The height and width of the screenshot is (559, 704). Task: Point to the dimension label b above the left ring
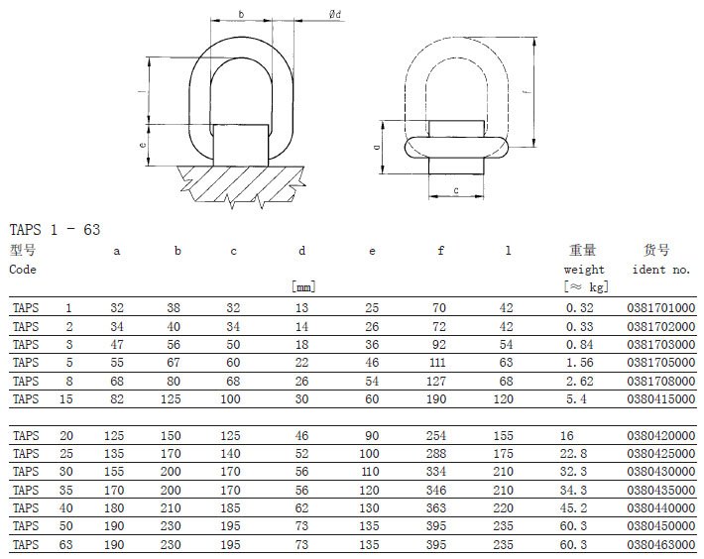point(241,15)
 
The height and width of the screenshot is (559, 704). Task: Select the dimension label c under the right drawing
point(455,190)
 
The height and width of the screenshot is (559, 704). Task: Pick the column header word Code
point(23,269)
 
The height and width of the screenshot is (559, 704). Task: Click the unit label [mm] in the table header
point(302,286)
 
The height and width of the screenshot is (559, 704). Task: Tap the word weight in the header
point(584,269)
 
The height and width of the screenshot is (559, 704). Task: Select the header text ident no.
point(660,269)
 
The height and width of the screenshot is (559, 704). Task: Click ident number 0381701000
point(661,308)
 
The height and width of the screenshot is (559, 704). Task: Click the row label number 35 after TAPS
point(66,489)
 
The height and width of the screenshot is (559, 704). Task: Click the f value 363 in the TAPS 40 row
point(441,506)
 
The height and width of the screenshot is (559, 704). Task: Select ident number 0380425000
point(661,453)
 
